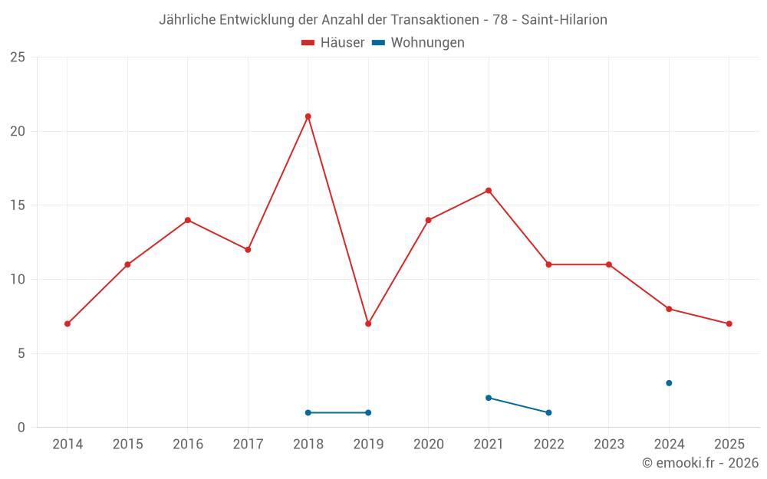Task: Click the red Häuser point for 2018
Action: [x=308, y=116]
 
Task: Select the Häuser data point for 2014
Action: [x=67, y=323]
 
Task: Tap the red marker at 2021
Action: [x=489, y=191]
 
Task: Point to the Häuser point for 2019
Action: [x=368, y=323]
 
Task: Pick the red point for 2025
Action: [x=729, y=323]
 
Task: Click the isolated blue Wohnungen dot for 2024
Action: [x=669, y=383]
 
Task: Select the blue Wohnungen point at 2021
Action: [x=489, y=398]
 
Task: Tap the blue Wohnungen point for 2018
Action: [x=308, y=412]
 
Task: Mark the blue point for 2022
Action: [x=548, y=412]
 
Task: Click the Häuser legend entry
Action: [x=334, y=43]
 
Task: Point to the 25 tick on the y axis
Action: [x=17, y=57]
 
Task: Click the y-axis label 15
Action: [x=17, y=205]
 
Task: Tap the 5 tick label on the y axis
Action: [x=21, y=353]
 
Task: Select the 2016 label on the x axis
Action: [x=188, y=444]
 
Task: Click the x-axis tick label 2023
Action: [x=609, y=444]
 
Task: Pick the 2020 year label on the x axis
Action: [x=428, y=444]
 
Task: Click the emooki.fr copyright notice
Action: [x=700, y=463]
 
